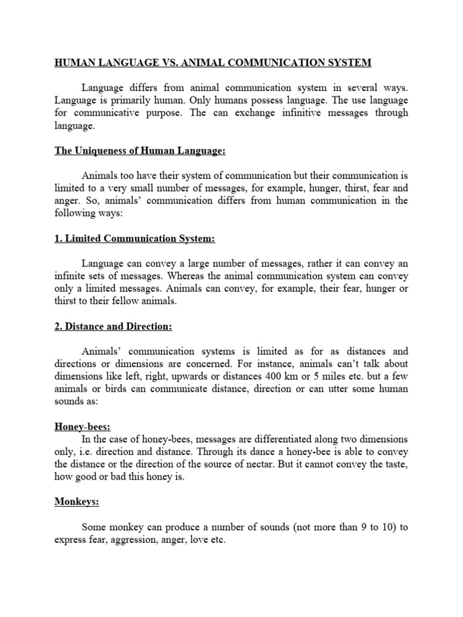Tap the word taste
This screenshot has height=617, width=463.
[394, 465]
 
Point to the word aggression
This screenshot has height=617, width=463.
[134, 541]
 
